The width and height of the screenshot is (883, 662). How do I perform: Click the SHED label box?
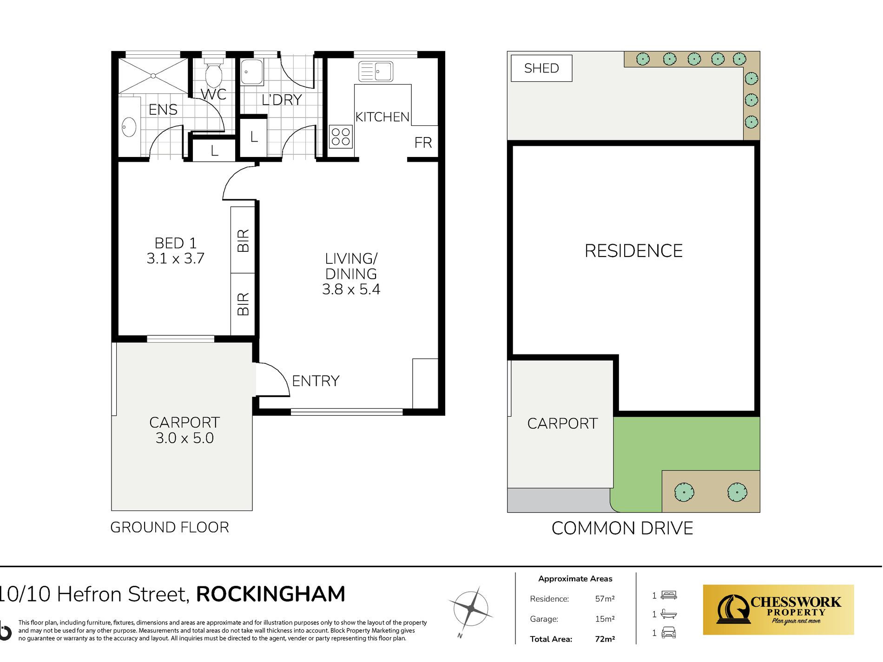(541, 68)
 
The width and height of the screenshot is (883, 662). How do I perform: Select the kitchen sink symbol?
(376, 72)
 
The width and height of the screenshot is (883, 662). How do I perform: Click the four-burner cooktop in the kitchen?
(341, 137)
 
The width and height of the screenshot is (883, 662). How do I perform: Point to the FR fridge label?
(423, 143)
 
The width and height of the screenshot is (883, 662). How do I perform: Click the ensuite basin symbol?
(129, 127)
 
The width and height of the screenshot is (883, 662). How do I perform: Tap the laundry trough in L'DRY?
(251, 72)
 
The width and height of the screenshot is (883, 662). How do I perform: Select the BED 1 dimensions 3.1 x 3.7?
(175, 258)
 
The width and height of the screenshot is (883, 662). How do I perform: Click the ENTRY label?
(316, 381)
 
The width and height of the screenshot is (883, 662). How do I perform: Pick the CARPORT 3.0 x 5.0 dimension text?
(185, 438)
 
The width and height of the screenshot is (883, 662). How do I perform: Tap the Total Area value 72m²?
(605, 639)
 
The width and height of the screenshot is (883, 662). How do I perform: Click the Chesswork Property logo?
(778, 610)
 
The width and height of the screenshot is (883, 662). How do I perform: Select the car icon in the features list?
(668, 633)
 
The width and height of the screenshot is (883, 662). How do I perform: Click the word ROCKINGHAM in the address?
(270, 594)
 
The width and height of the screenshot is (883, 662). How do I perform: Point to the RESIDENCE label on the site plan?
(633, 251)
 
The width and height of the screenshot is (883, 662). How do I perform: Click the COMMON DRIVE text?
(622, 528)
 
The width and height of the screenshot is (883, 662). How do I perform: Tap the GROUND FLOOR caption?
(170, 527)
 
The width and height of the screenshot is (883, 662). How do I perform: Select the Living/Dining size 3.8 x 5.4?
(351, 289)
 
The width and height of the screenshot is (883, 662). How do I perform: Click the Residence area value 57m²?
(605, 599)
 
